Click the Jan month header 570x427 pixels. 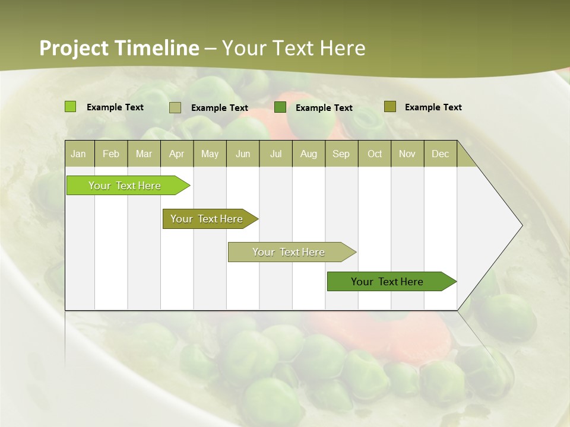pos(79,154)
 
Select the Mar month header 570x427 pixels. pos(144,154)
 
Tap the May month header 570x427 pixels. pos(210,154)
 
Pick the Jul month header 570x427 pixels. pos(275,154)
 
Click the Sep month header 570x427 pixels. pos(341,154)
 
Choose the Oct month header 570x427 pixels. pos(375,154)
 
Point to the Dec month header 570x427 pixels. pos(440,154)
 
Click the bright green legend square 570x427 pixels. pos(71,107)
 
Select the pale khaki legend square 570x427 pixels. pos(175,107)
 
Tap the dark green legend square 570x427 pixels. pos(280,107)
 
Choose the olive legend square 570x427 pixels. pos(389,107)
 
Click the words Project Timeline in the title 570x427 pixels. pos(119,48)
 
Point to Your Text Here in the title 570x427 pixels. pos(293,48)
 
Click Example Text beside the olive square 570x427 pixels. pos(433,107)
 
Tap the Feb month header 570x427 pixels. pos(111,154)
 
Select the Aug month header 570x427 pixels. pos(308,154)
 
